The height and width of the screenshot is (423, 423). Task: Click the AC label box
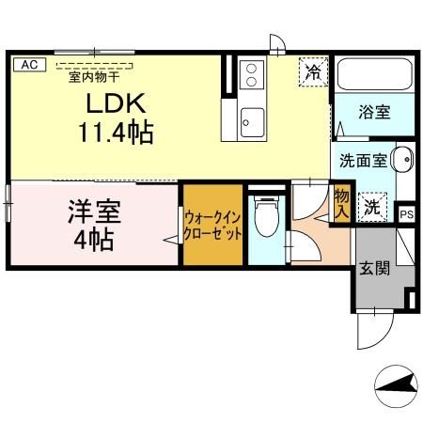click(x=28, y=64)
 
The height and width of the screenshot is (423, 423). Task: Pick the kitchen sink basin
click(x=252, y=119)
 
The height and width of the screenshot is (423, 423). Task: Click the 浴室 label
click(x=374, y=111)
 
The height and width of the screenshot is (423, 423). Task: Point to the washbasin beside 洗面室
click(x=401, y=159)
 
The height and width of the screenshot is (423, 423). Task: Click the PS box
click(x=405, y=213)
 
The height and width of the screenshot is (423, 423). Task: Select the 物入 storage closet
click(x=342, y=204)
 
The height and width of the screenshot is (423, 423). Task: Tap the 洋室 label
click(x=93, y=209)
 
